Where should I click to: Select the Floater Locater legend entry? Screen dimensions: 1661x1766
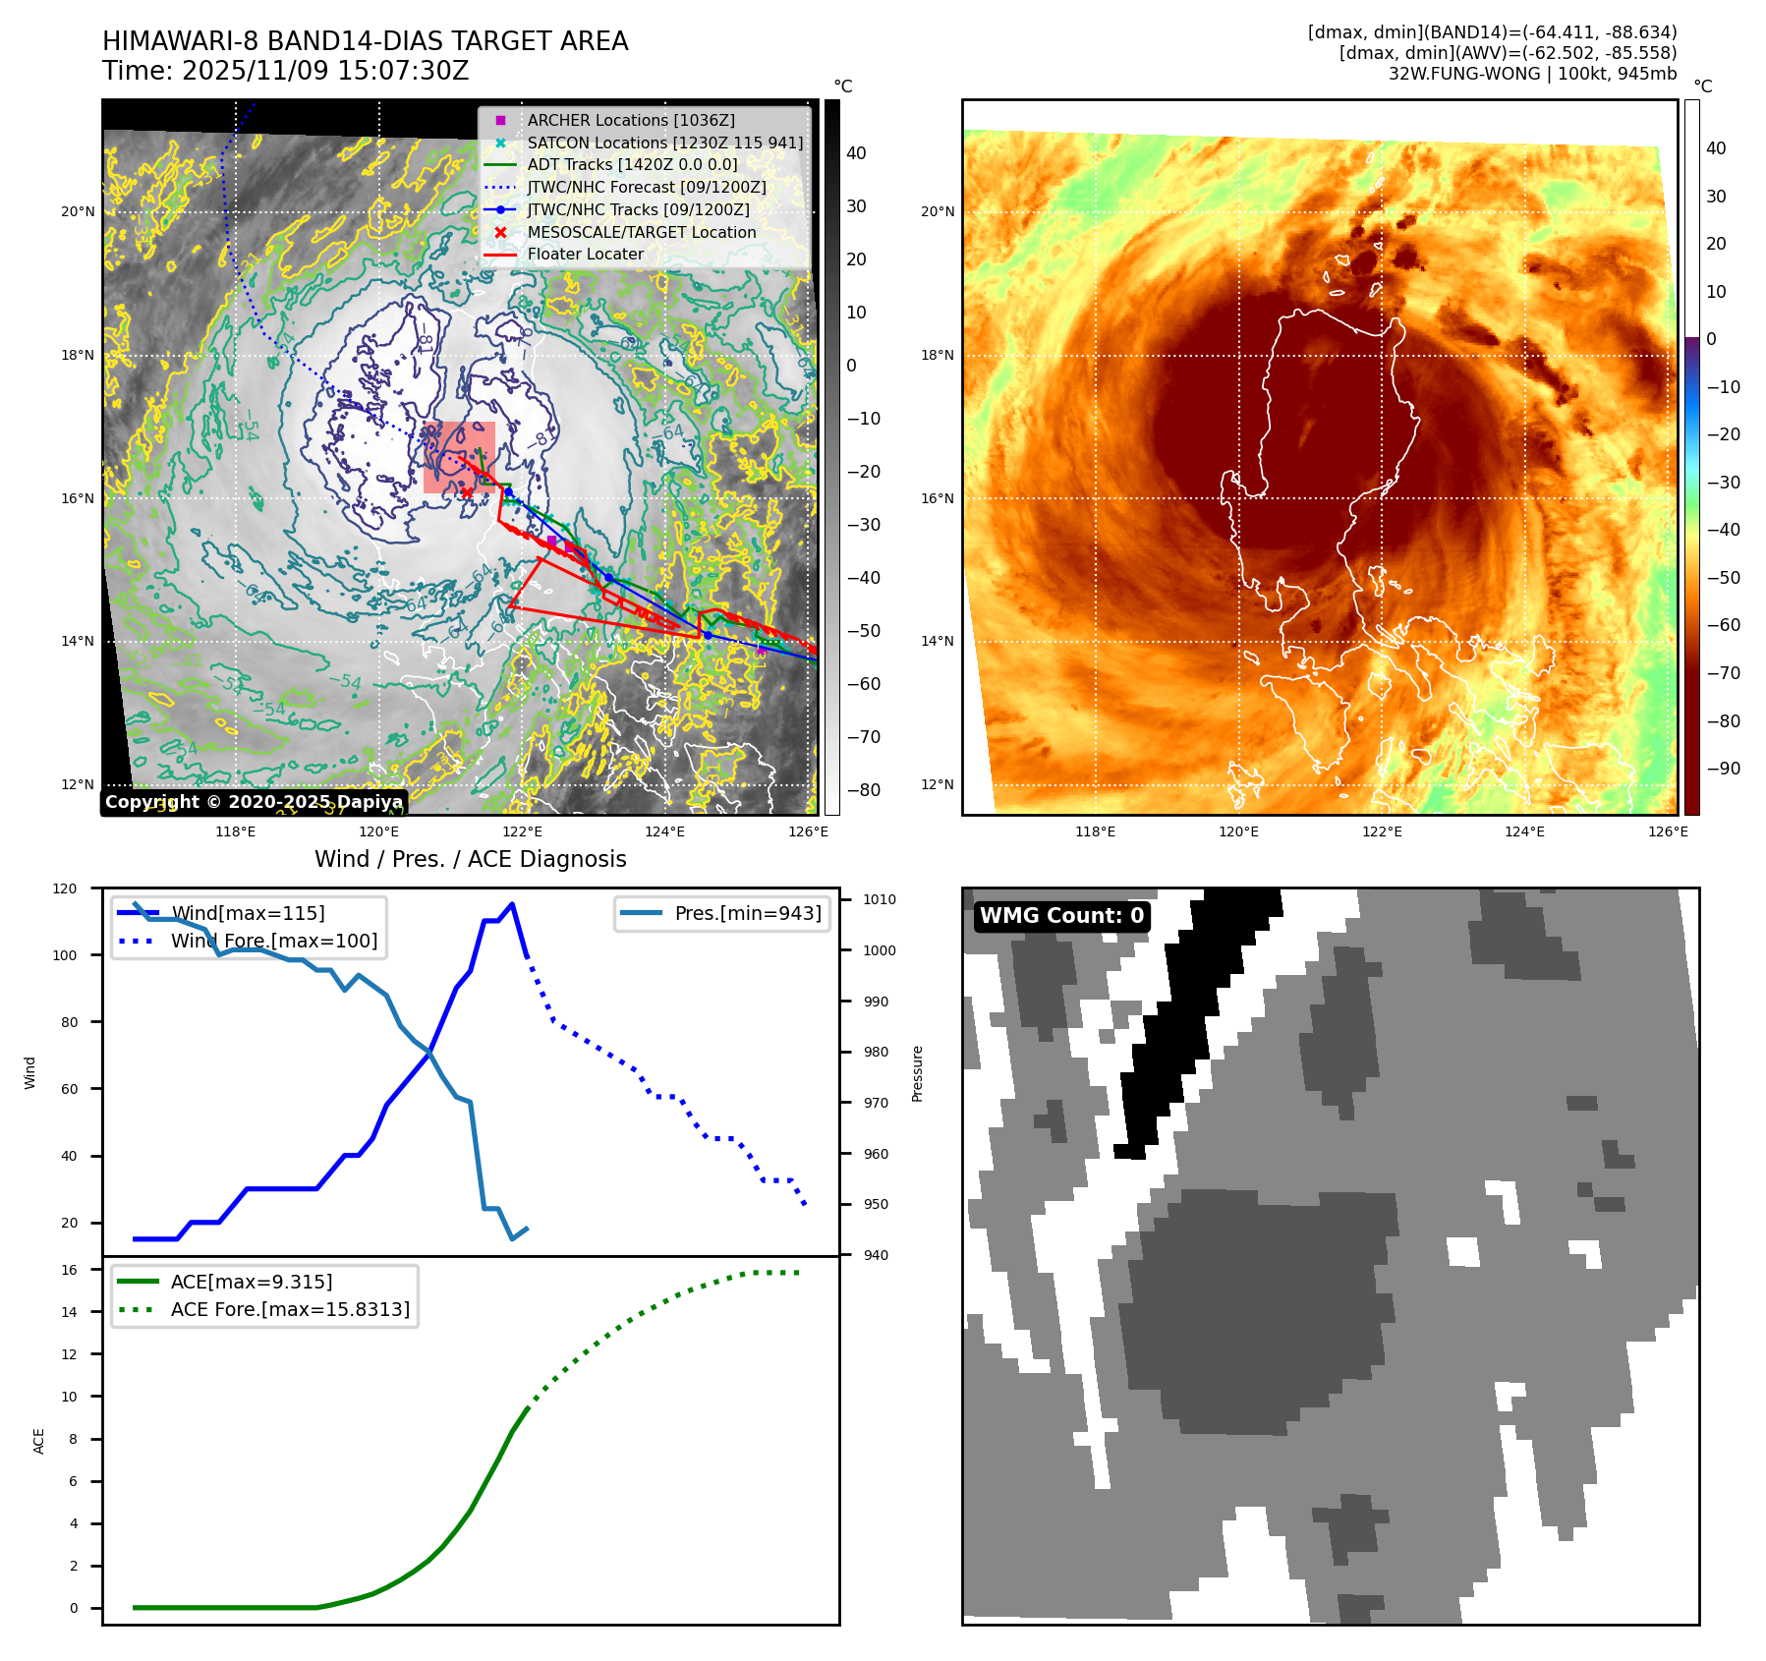coord(585,254)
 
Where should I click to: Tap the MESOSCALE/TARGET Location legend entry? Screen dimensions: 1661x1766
coord(641,232)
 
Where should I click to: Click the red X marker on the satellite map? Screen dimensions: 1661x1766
coord(467,492)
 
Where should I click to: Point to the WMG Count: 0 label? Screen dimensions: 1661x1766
coord(1061,916)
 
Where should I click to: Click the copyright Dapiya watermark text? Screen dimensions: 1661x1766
coord(254,802)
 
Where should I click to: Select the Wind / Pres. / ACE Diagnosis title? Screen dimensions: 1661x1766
coord(470,859)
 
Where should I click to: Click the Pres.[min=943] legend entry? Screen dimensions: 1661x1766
coord(747,913)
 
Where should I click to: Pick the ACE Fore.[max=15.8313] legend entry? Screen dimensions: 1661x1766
coord(290,1309)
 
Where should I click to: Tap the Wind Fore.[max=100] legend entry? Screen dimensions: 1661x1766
coord(274,941)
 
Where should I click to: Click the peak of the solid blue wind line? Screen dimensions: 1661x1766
coord(512,904)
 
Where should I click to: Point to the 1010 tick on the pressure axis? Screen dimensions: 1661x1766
coord(879,899)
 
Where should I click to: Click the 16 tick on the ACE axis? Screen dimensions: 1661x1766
coord(70,1270)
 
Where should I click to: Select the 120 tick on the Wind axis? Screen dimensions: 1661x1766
coord(65,888)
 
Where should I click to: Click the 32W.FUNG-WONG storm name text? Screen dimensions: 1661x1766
coord(1463,74)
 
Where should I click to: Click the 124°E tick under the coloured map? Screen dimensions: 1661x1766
coord(1524,832)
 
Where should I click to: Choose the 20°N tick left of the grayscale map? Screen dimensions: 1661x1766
coord(79,211)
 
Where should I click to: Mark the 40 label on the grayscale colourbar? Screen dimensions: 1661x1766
coord(856,153)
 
